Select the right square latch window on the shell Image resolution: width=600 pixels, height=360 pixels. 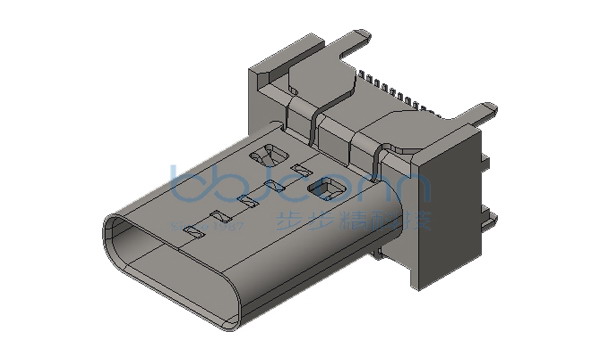click(x=324, y=186)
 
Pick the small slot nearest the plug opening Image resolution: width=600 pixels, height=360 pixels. click(x=197, y=232)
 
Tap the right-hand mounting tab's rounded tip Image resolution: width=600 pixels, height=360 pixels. click(x=485, y=108)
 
